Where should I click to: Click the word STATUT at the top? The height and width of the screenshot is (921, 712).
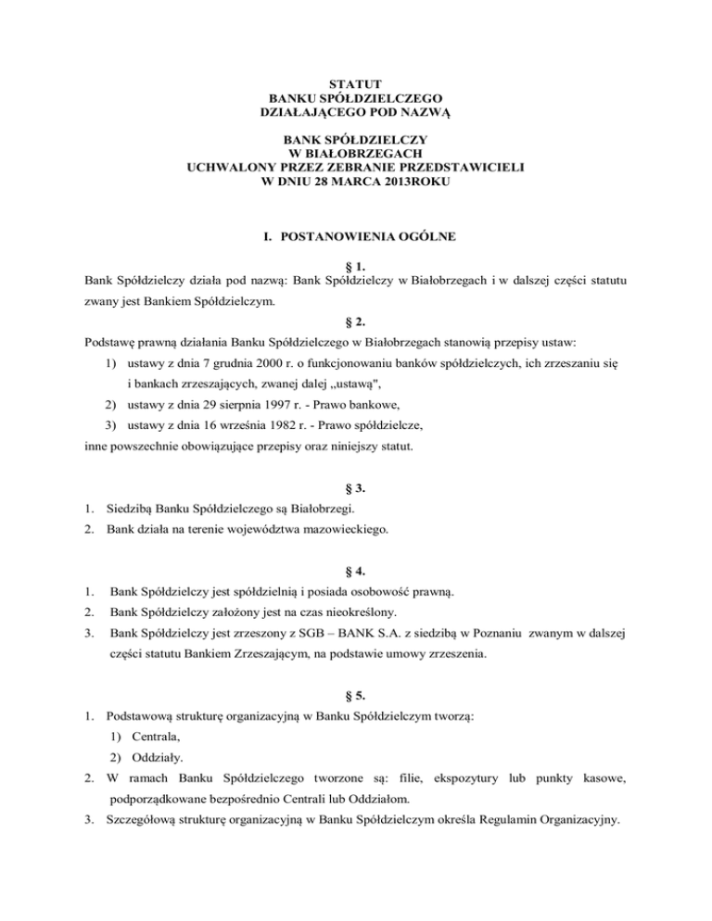(x=355, y=85)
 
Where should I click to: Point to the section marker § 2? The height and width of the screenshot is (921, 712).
(x=356, y=324)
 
